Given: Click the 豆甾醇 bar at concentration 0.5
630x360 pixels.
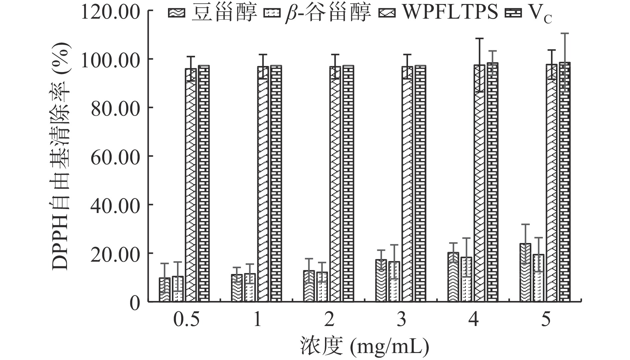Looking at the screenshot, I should click(x=165, y=290).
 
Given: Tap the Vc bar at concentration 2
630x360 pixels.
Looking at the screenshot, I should click(x=348, y=183).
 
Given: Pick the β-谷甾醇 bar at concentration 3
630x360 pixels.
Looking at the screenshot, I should click(x=394, y=282).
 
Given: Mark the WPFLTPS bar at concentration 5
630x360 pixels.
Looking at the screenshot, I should click(x=552, y=183).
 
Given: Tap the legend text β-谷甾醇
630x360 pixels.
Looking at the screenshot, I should click(x=328, y=13).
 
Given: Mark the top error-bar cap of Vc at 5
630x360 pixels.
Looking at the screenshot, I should click(x=565, y=33).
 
